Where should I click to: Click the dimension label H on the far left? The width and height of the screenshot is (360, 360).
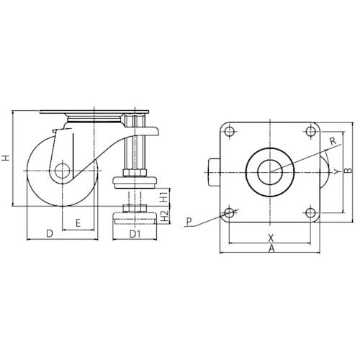pos(6,158)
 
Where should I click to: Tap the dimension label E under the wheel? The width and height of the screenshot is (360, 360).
pos(78,223)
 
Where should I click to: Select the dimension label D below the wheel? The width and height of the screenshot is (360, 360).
pos(50,233)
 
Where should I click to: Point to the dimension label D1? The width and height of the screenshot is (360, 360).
pos(135,234)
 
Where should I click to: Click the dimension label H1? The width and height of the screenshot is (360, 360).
pos(164,197)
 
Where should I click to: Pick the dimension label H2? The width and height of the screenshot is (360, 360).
pos(164,216)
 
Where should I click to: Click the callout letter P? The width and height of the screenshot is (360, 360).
pos(189,221)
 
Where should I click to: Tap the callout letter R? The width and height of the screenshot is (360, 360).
pos(333,141)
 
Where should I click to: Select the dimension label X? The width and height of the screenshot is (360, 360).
pos(271,238)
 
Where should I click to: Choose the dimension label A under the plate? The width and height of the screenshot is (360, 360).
pos(271,248)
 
